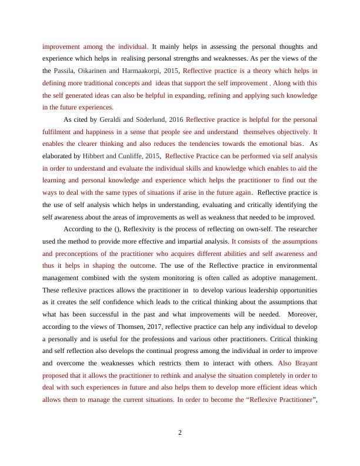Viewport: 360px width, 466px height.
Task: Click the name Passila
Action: point(69,71)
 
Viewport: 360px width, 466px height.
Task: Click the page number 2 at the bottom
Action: point(180,433)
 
